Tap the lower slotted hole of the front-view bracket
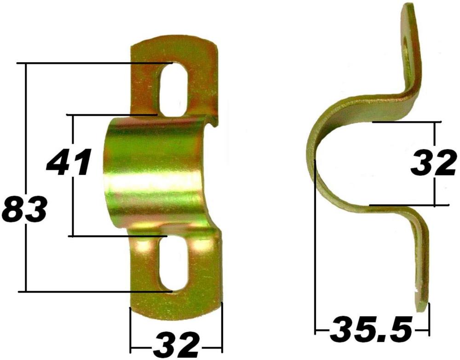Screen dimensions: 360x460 click(x=173, y=265)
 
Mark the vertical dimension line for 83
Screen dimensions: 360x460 click(x=26, y=138)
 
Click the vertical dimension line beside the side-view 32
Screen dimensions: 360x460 click(x=435, y=138)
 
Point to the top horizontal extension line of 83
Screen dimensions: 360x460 click(x=92, y=63)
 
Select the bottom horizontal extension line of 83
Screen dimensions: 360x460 click(x=92, y=291)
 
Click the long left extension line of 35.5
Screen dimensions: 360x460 click(x=315, y=253)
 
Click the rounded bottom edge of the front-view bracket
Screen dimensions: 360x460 click(x=175, y=318)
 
